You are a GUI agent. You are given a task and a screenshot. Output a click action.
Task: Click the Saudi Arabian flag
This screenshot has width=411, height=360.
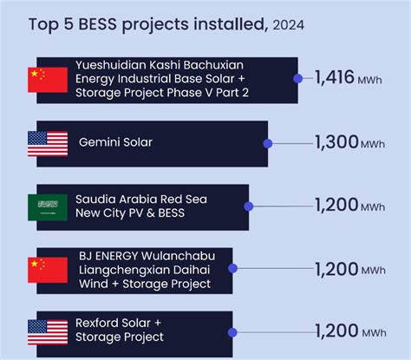pos(48,206)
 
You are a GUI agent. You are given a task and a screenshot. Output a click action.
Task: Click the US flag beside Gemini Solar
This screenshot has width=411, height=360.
pos(48,143)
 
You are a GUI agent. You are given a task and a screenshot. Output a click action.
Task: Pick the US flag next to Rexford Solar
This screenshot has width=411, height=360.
pos(48,331)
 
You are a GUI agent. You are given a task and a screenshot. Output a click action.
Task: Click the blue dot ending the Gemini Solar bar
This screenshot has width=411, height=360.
pos(267,143)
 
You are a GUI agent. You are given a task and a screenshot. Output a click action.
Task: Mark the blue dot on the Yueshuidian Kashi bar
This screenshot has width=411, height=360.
pos(298,79)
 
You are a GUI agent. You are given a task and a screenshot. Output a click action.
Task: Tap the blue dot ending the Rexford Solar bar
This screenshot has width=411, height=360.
pos(232,331)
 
